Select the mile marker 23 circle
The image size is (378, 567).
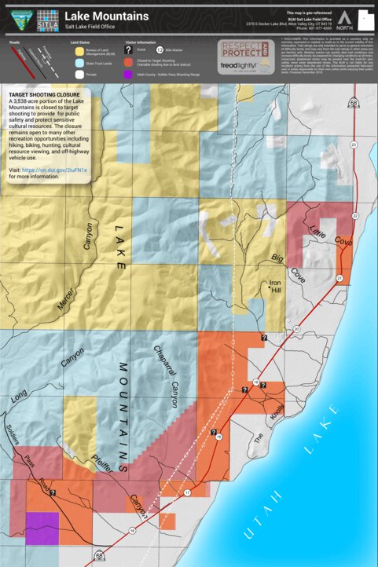(354, 144)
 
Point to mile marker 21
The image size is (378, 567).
(339, 278)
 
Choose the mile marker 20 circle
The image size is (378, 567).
(296, 328)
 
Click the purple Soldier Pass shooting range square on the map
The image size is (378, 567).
(42, 529)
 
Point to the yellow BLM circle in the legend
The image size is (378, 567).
(79, 52)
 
